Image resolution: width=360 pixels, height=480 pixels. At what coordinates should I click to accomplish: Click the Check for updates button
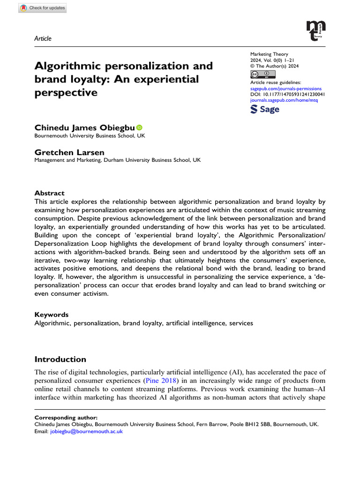coord(43,8)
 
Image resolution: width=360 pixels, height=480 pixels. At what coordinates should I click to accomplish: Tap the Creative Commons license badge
coord(263,75)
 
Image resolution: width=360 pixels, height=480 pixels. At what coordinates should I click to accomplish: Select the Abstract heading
coord(50,193)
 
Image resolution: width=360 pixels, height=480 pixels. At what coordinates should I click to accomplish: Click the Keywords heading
coord(52,315)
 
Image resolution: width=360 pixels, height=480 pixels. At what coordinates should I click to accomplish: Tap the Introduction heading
coord(60,360)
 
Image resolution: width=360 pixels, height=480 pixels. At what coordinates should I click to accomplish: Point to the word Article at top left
coord(43,39)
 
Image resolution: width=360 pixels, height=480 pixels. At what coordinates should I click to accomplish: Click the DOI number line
coord(288,94)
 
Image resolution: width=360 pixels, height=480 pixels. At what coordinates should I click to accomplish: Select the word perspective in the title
coord(66,92)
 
